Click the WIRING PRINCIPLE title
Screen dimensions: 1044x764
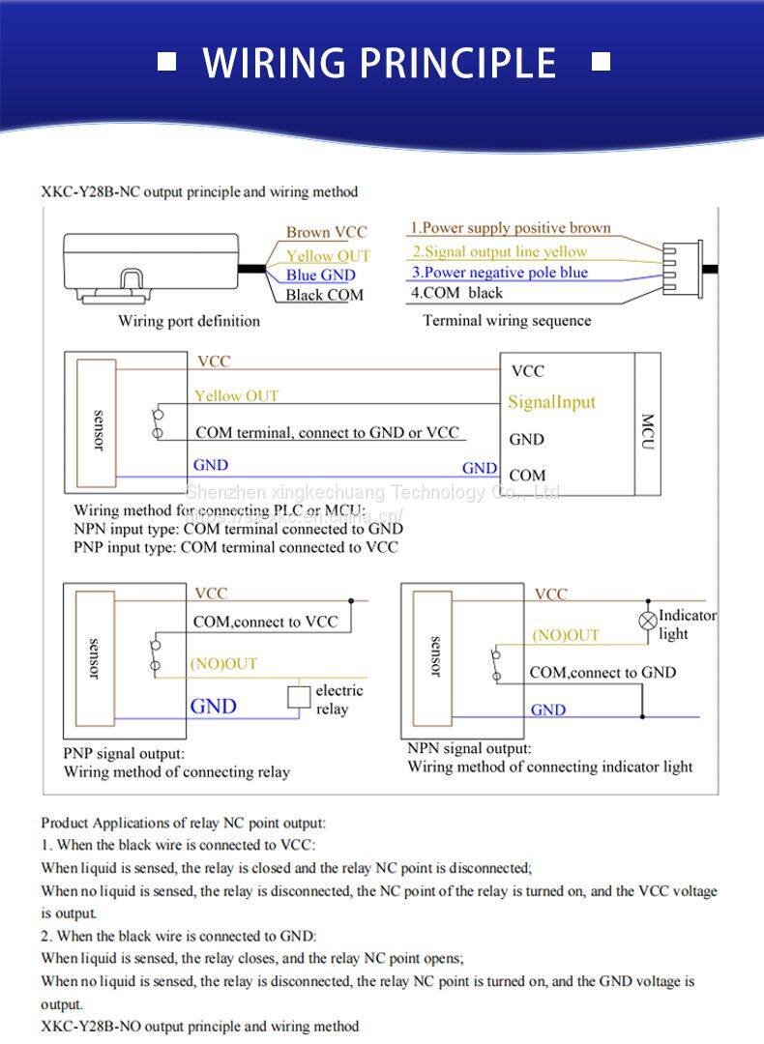379,63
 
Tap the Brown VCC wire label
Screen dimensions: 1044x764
327,232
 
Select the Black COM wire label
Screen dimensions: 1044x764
325,295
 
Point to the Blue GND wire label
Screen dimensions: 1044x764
321,275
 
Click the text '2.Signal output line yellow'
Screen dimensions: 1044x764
499,251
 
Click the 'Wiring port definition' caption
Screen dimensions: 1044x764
189,321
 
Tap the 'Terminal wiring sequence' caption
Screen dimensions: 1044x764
507,321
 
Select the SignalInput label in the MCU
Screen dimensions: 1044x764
551,402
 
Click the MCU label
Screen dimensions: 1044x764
648,425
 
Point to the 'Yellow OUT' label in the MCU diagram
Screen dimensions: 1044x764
236,395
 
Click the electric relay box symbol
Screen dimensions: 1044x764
299,696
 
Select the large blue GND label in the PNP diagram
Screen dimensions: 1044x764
213,706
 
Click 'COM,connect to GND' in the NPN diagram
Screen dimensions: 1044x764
602,672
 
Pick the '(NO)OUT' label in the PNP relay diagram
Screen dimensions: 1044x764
223,664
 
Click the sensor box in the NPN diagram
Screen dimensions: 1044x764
434,656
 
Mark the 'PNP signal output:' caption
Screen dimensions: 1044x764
124,753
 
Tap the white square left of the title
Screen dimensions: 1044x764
167,62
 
